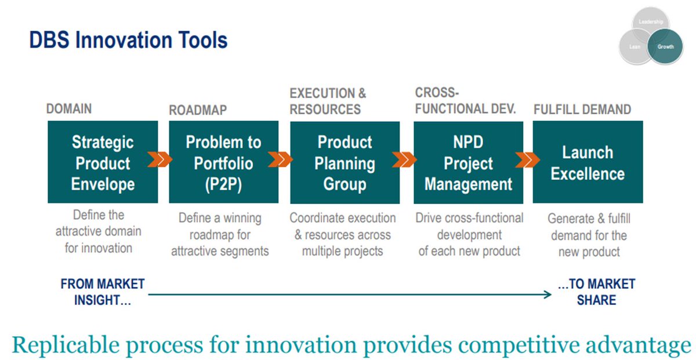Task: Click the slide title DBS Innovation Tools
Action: click(x=128, y=41)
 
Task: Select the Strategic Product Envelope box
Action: click(x=103, y=162)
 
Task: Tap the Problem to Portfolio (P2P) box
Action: click(x=224, y=162)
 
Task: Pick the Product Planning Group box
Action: click(x=345, y=162)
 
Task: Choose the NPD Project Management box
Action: click(x=468, y=162)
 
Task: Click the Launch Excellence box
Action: click(x=588, y=162)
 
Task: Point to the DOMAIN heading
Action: click(x=69, y=109)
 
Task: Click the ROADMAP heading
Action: click(x=198, y=110)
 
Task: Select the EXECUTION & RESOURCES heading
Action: click(x=328, y=101)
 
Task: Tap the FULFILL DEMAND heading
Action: click(x=582, y=110)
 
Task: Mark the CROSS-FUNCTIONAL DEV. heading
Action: click(x=465, y=101)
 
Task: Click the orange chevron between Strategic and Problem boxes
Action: click(x=159, y=159)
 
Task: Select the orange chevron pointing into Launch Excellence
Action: click(x=528, y=159)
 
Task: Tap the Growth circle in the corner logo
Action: click(x=665, y=46)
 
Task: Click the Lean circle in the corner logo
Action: click(x=635, y=46)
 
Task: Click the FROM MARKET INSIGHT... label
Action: click(x=103, y=292)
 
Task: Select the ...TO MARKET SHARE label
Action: click(x=597, y=292)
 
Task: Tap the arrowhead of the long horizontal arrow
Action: click(x=548, y=294)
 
